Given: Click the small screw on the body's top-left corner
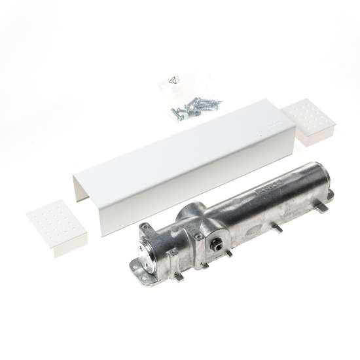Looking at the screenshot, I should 146,226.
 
